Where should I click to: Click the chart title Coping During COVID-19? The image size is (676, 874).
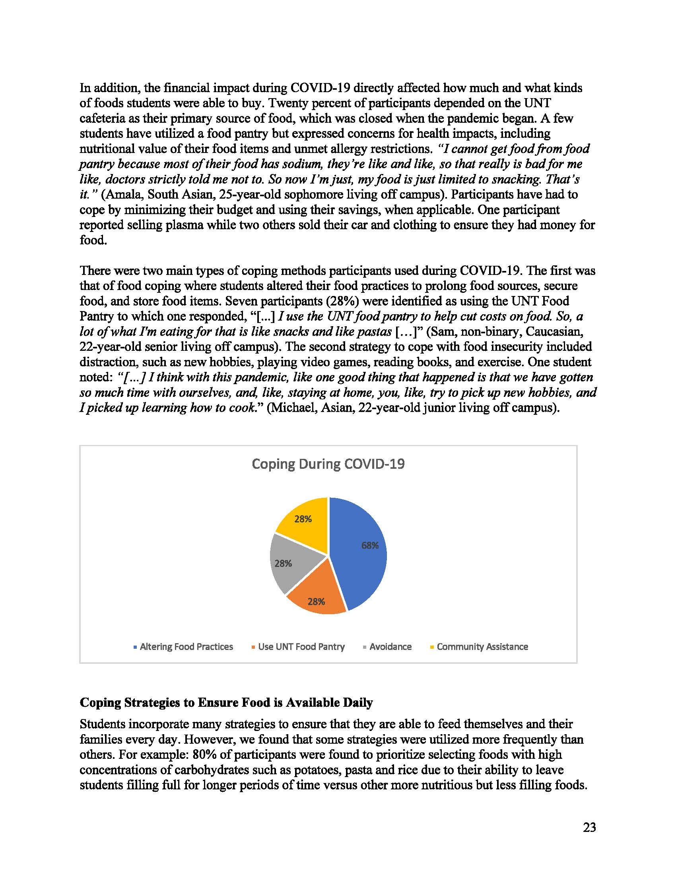(328, 464)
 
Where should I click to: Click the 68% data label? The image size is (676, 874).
(370, 545)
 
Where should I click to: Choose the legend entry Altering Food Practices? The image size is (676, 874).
(186, 647)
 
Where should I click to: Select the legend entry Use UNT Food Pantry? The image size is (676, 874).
(301, 647)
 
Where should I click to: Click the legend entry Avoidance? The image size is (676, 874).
(390, 647)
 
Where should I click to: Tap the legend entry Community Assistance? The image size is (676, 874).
(482, 647)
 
